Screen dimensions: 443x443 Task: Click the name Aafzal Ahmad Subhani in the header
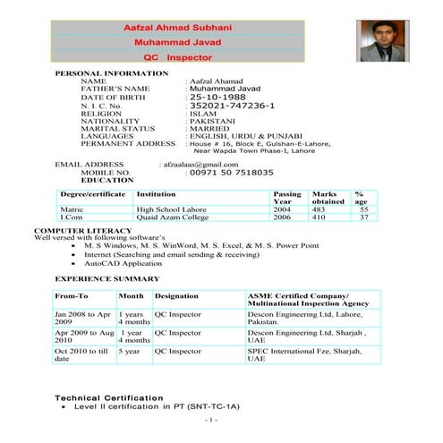pyautogui.click(x=183, y=29)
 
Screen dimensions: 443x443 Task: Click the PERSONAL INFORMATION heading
pyautogui.click(x=106, y=72)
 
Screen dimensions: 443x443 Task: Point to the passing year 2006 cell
pyautogui.click(x=283, y=217)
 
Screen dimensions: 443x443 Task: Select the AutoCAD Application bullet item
pyautogui.click(x=124, y=265)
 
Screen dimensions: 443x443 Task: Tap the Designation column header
pyautogui.click(x=176, y=294)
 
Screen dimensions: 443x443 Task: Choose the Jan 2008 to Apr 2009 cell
pyautogui.click(x=82, y=319)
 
